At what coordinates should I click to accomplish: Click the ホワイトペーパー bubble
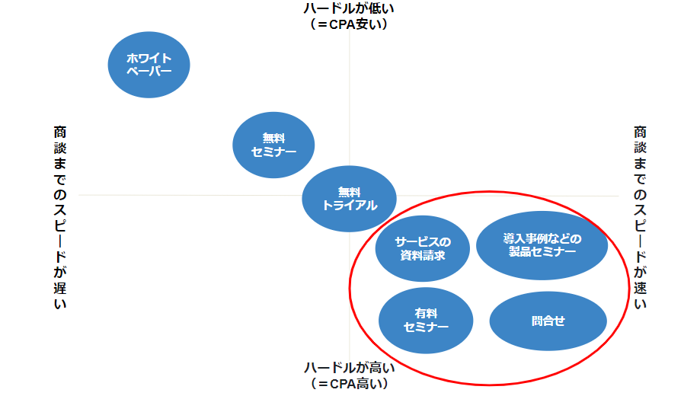click(149, 64)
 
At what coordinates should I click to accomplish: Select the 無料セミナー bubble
click(273, 145)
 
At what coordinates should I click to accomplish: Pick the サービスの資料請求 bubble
click(423, 249)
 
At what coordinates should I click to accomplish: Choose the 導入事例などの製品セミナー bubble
click(542, 244)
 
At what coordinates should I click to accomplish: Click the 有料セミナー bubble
click(426, 320)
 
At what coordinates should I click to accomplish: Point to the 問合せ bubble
click(548, 321)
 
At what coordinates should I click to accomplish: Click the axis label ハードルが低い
click(350, 8)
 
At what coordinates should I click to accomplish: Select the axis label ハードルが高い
click(350, 368)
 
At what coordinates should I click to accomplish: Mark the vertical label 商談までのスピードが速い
click(640, 218)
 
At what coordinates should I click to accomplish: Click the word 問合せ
click(548, 321)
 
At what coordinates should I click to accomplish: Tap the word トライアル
click(350, 206)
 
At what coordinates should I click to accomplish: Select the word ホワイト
click(149, 58)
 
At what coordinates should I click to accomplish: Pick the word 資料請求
click(423, 256)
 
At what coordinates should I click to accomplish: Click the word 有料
click(426, 313)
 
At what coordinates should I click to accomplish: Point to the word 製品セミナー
click(542, 252)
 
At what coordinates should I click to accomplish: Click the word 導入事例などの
click(542, 238)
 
